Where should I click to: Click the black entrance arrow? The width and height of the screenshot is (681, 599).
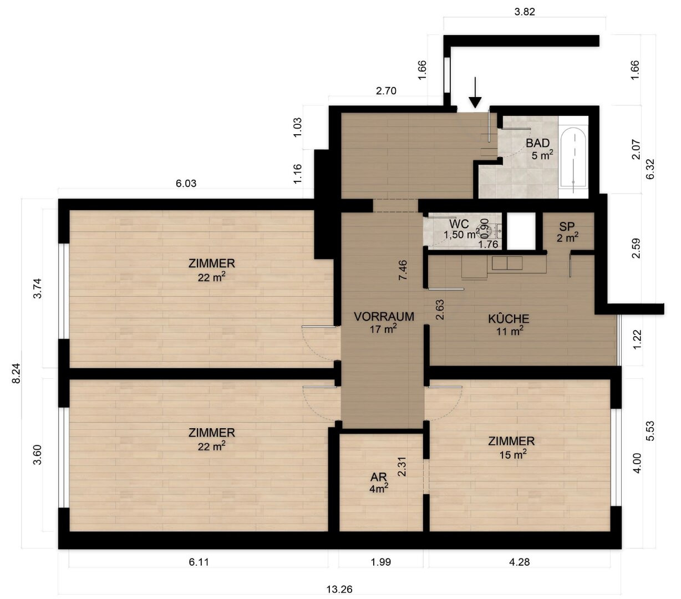point(475,93)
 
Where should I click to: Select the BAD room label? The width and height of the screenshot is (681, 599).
point(538,143)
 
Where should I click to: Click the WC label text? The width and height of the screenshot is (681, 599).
point(459,224)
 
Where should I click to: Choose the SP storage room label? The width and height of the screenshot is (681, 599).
point(567,226)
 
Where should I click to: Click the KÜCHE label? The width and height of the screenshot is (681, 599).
point(509,318)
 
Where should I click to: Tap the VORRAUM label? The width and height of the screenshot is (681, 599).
point(384,316)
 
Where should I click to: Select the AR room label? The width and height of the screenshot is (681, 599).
point(378,476)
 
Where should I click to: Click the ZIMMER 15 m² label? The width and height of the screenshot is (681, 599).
point(511,448)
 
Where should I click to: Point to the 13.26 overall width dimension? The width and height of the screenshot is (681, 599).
point(339,589)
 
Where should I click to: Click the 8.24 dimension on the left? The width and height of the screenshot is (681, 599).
point(16,373)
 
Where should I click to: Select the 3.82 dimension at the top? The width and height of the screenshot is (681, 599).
point(525,12)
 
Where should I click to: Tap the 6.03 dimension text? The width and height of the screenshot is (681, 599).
point(186,183)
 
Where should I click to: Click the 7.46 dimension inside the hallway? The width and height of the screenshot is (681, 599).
point(403,270)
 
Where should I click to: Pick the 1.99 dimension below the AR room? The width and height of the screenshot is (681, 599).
point(381,562)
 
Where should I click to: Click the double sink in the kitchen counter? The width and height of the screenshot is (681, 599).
point(507,263)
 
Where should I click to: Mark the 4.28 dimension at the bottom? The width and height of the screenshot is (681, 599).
point(519,562)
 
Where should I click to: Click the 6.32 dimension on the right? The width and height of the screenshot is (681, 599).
point(650,169)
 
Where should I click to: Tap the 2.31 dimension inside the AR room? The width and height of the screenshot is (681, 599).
point(402,466)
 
